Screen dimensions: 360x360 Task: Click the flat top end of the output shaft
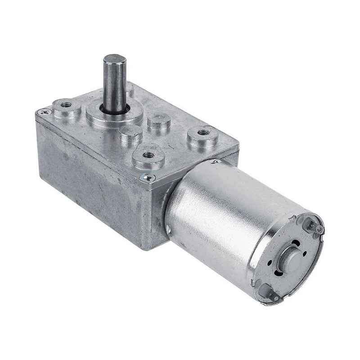pyautogui.click(x=114, y=60)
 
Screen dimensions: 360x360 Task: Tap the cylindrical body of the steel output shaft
pyautogui.click(x=115, y=85)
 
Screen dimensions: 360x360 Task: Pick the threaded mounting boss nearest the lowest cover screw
pyautogui.click(x=146, y=155)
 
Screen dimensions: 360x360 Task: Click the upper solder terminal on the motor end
pyautogui.click(x=318, y=229)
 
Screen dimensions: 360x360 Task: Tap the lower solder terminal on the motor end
pyautogui.click(x=271, y=290)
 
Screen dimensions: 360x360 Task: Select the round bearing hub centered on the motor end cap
pyautogui.click(x=291, y=261)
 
